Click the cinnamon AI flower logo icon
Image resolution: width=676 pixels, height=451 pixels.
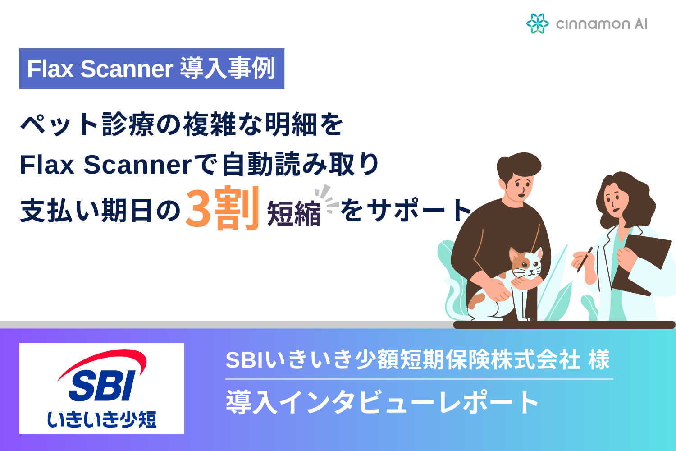pos(537,23)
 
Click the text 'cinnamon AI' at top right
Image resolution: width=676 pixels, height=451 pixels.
pos(601,24)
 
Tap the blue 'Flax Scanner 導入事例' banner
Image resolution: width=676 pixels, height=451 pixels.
pos(151,69)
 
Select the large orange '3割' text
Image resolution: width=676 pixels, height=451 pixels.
pos(222,208)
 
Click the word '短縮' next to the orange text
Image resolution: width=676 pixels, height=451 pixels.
pos(293,213)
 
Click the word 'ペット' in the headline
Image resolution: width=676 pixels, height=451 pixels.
pos(59,124)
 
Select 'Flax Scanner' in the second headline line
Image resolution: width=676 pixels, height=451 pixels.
pos(106,165)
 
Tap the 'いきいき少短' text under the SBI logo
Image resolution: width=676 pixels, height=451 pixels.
pos(102,419)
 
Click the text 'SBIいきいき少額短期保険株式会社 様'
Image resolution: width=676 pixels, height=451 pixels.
pos(417,360)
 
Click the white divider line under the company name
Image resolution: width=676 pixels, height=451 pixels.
pos(419,379)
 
